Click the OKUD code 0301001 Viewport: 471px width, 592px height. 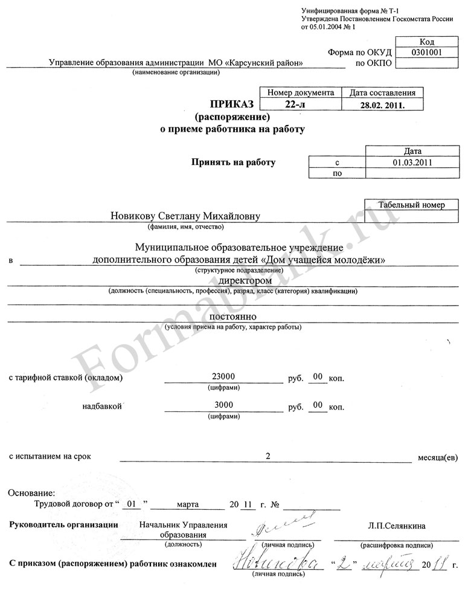tap(426, 52)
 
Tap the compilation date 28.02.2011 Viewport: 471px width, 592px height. tap(382, 105)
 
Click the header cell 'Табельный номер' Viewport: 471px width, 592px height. tap(411, 205)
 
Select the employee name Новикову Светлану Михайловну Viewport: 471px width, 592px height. tap(187, 216)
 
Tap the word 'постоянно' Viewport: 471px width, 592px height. tap(234, 317)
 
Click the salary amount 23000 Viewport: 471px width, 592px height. tap(224, 376)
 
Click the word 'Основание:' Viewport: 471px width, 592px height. tap(31, 493)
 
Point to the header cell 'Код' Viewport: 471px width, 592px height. tap(426, 41)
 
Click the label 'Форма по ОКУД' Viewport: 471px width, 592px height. tap(360, 52)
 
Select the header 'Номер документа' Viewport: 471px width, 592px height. tap(300, 93)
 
